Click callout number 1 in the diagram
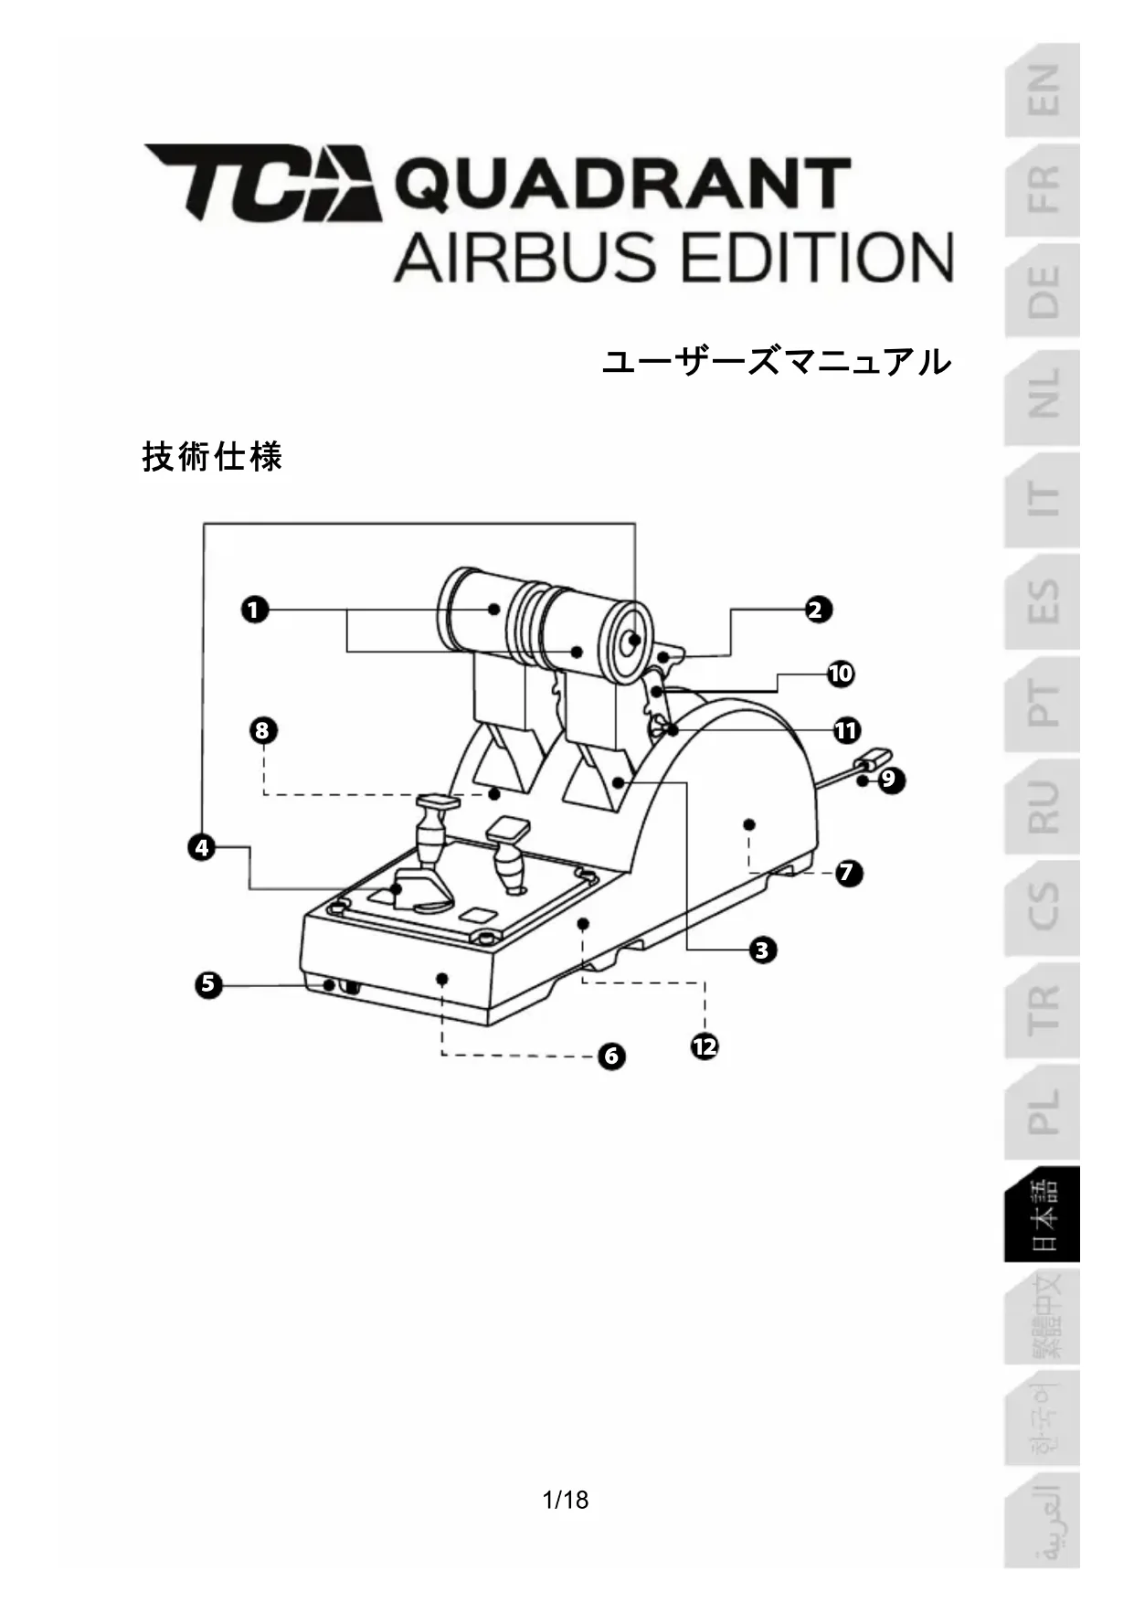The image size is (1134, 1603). point(255,610)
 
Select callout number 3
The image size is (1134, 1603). point(762,950)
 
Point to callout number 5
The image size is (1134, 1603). point(209,984)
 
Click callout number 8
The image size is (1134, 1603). point(263,731)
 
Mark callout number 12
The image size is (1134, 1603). point(705,1046)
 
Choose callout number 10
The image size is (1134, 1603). point(840,674)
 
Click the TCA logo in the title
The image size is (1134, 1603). point(263,182)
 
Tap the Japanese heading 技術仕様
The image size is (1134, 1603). point(213,456)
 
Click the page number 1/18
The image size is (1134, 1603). point(566,1500)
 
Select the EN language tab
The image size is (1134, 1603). point(1043,90)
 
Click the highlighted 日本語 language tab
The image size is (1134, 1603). point(1043,1215)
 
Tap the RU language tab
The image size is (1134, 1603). point(1043,806)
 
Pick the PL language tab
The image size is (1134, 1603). point(1043,1111)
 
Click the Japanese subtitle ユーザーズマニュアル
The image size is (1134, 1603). point(776,362)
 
